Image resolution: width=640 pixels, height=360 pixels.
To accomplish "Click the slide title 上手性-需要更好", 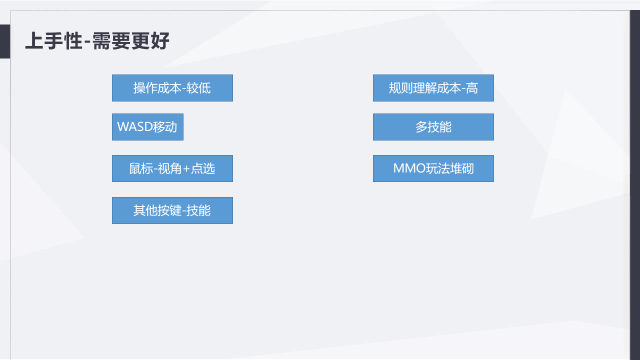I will click(x=97, y=41).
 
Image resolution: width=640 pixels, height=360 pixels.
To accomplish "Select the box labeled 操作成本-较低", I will click(x=172, y=88).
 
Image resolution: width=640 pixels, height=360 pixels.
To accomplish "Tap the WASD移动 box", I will click(x=147, y=127).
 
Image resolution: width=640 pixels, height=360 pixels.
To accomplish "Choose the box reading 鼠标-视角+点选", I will click(x=172, y=168).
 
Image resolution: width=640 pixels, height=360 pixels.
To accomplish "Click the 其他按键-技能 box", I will click(x=172, y=210).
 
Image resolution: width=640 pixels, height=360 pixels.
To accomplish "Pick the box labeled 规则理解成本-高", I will click(x=433, y=88).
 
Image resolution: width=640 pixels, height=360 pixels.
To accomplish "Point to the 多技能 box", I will click(x=433, y=127).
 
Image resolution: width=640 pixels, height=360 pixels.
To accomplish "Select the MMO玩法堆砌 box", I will click(x=433, y=168).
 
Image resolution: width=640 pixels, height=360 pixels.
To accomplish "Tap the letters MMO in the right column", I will click(x=409, y=168).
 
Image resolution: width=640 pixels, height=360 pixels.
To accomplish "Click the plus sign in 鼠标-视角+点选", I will click(x=186, y=169).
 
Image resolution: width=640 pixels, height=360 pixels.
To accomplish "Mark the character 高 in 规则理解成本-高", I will click(x=471, y=88).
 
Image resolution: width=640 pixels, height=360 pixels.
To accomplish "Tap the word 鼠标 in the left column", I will click(x=141, y=168).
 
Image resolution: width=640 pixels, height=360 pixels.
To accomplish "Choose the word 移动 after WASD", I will click(x=165, y=127).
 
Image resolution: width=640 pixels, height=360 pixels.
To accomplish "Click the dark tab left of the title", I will click(x=4, y=41).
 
